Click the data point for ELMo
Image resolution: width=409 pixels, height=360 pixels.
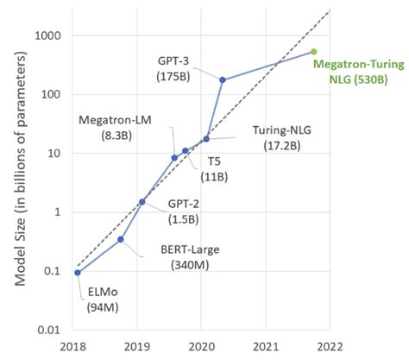(78, 273)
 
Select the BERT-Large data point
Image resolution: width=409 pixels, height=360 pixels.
(121, 239)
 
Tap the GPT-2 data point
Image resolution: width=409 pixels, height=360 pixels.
(142, 202)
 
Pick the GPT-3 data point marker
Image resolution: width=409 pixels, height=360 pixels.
(223, 80)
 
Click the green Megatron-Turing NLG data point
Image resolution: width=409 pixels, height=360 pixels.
(313, 52)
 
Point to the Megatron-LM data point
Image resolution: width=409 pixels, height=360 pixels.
(174, 158)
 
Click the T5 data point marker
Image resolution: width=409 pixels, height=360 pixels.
(186, 151)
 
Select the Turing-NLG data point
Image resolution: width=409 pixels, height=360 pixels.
(206, 139)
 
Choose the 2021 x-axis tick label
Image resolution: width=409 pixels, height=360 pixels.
(266, 346)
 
